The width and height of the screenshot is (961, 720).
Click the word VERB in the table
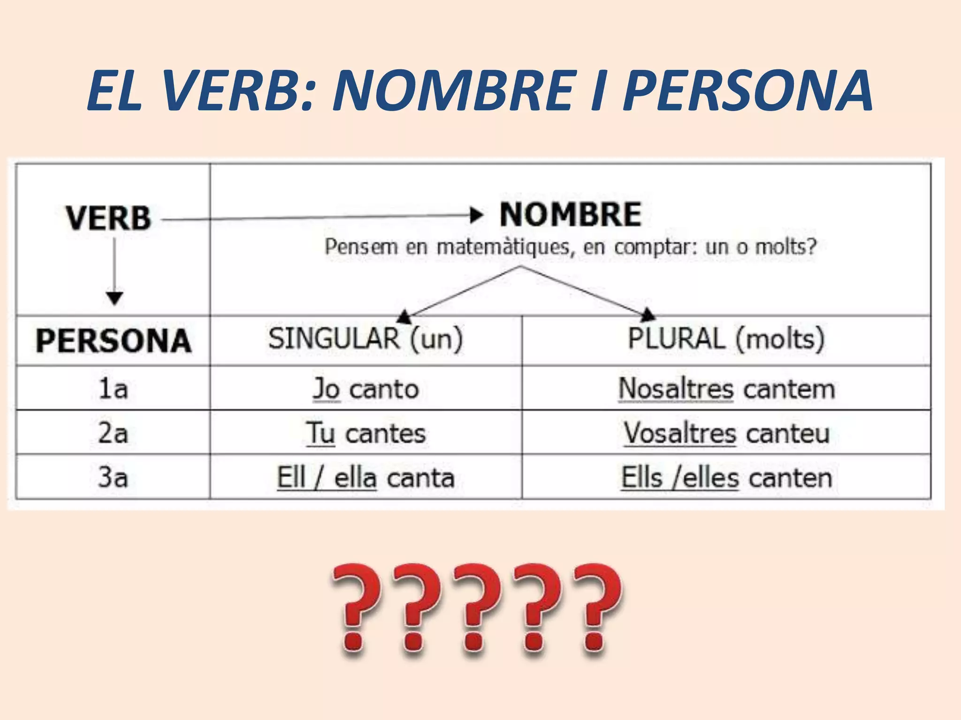point(108,218)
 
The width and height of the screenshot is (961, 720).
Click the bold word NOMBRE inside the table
point(570,215)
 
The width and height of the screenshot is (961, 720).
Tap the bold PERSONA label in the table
point(114,340)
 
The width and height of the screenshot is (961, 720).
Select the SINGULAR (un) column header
point(366,338)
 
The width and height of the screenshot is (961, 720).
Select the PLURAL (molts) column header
point(726,338)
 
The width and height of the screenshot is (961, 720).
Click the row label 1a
point(113,389)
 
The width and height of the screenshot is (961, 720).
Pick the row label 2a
point(113,433)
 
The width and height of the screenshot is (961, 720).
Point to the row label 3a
point(113,477)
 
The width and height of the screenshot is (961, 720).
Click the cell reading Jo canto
point(366,389)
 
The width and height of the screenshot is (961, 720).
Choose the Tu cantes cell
point(366,433)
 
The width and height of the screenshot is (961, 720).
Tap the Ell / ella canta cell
point(366,478)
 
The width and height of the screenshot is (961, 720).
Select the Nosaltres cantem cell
point(726,389)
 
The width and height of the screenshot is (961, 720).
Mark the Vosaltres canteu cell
point(726,433)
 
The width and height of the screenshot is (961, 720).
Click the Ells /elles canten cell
point(726,478)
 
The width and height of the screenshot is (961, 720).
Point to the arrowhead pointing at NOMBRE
point(476,216)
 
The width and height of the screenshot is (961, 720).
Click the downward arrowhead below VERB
point(114,298)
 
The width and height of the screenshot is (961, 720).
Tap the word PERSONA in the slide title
point(748,90)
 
